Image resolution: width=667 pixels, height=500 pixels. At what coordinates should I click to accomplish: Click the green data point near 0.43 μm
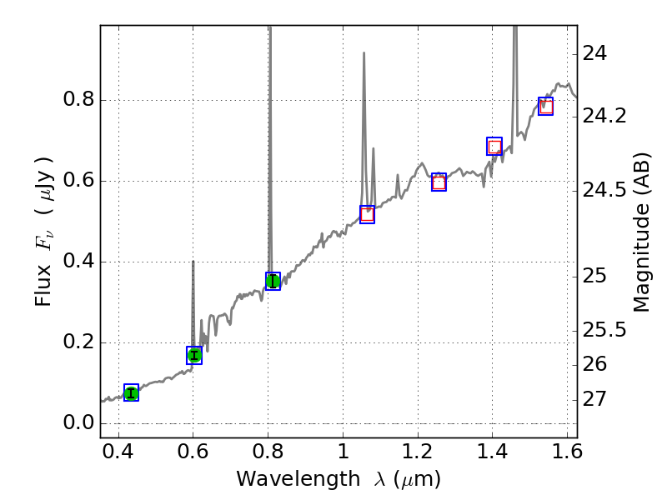click(x=131, y=393)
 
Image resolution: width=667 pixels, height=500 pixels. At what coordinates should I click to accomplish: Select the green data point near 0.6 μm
click(x=194, y=356)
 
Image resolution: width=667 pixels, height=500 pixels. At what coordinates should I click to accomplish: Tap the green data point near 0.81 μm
click(x=273, y=281)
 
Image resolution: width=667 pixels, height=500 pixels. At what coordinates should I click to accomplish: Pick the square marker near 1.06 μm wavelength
click(x=367, y=214)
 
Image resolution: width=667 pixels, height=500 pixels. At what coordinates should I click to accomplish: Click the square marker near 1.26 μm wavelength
click(x=439, y=182)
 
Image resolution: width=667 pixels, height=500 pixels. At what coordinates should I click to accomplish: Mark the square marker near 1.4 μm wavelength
click(x=494, y=146)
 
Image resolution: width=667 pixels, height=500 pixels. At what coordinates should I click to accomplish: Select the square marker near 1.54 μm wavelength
click(x=546, y=106)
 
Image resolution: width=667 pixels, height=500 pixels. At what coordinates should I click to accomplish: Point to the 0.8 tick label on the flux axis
click(x=78, y=101)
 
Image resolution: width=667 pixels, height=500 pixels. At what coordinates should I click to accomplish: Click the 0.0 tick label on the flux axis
click(x=78, y=423)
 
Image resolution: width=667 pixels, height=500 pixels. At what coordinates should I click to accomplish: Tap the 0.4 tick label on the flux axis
click(x=78, y=262)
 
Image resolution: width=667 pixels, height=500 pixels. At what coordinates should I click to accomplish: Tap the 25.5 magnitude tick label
click(x=604, y=330)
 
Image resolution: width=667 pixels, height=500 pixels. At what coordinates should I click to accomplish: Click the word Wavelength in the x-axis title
click(x=283, y=479)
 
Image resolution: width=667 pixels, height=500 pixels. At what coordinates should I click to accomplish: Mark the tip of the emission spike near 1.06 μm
click(x=364, y=53)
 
